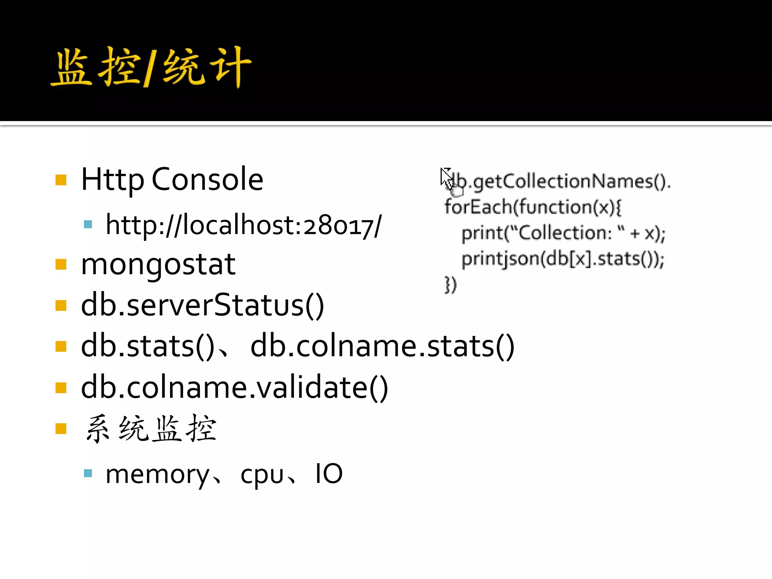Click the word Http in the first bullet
click(x=112, y=180)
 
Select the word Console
click(x=207, y=179)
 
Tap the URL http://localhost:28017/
click(x=244, y=225)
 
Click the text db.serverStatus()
click(x=202, y=305)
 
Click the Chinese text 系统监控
click(x=151, y=429)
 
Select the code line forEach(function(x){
click(x=533, y=207)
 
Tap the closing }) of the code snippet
click(x=450, y=285)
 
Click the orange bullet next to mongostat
click(x=61, y=265)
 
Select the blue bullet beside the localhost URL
click(x=88, y=225)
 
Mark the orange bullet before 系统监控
click(x=61, y=429)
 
